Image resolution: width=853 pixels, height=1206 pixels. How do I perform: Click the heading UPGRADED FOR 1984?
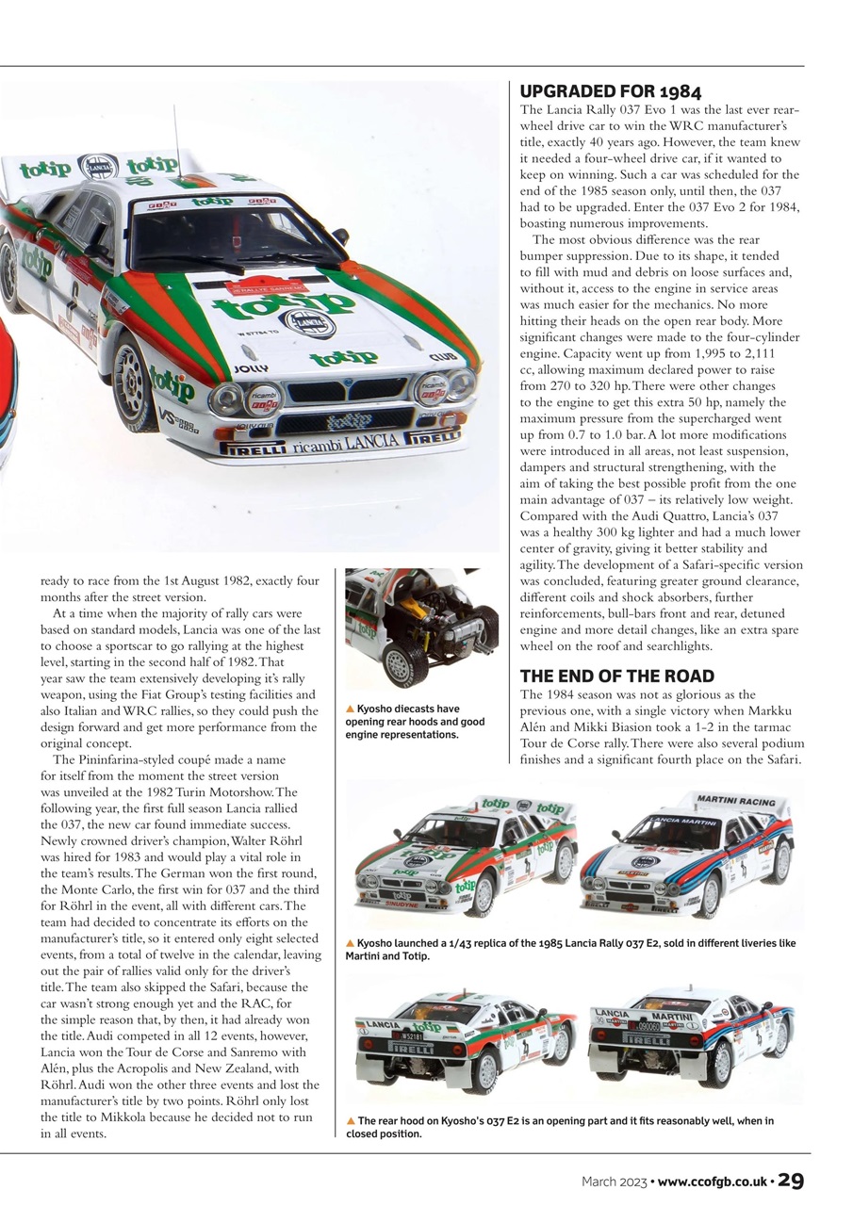(611, 92)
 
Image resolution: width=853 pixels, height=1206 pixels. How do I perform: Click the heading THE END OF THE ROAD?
(616, 676)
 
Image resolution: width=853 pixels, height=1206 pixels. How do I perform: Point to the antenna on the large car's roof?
(175, 141)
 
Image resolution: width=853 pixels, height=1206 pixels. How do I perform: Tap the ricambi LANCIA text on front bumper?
(345, 443)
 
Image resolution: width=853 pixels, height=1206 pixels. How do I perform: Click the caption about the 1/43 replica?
(570, 949)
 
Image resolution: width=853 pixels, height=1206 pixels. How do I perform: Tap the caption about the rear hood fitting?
(560, 1127)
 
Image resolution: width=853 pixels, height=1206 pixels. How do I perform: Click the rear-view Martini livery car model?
(690, 1041)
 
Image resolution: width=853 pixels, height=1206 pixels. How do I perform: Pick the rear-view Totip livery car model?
(465, 1041)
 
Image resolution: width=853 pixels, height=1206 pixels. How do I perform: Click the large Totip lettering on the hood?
(283, 303)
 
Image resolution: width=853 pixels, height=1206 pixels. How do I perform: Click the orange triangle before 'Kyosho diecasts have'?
(351, 709)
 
